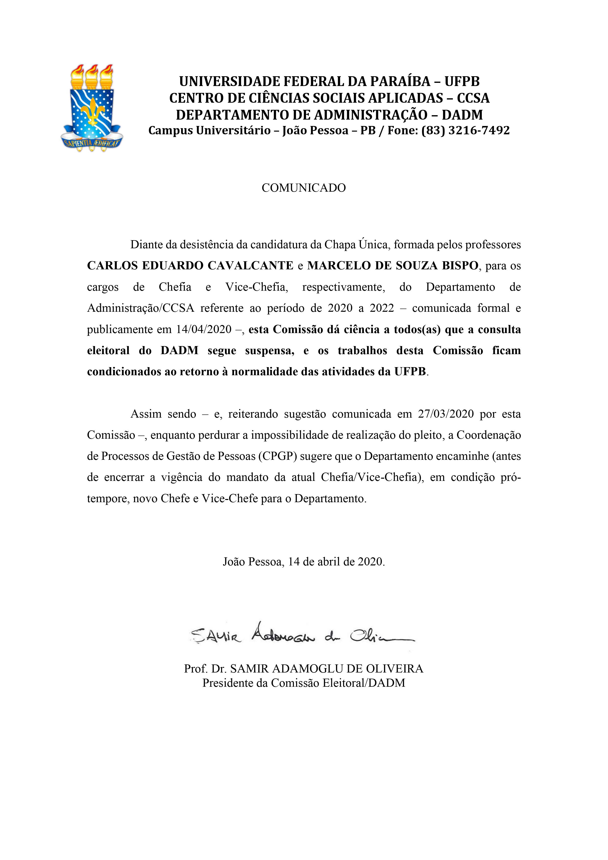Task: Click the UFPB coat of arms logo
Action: (x=92, y=109)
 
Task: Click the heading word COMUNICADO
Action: (x=303, y=188)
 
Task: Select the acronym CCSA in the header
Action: (x=473, y=98)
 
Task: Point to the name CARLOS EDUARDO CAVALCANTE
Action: (x=190, y=266)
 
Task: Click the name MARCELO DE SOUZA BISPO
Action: (x=393, y=266)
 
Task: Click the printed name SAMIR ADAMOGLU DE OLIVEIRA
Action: (x=326, y=669)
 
